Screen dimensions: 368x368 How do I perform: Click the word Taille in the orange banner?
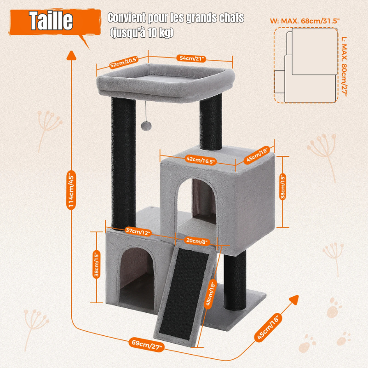point(51,21)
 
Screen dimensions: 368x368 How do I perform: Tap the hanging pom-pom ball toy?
point(146,126)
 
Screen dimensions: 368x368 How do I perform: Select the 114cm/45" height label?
point(71,190)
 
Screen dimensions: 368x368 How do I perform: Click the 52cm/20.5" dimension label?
point(124,62)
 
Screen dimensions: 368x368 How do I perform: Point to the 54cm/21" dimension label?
point(191,58)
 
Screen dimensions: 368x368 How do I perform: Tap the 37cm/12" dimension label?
point(138,232)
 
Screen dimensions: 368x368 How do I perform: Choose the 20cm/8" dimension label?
point(197,241)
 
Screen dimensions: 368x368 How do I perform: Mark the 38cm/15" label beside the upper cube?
point(283,187)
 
